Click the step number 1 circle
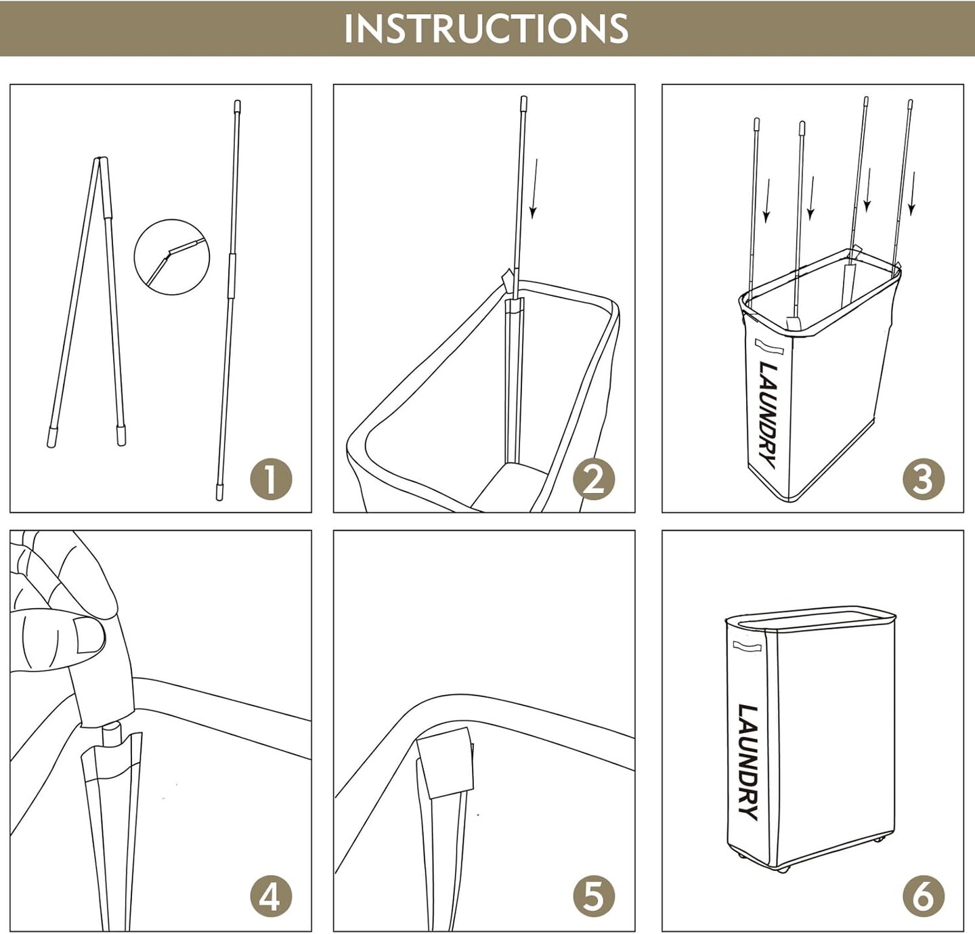point(271,479)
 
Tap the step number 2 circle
point(594,479)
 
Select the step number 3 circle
point(924,479)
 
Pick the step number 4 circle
point(271,896)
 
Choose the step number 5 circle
point(594,896)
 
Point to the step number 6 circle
point(924,896)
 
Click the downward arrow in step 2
point(535,188)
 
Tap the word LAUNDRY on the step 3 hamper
point(767,415)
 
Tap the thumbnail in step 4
point(89,635)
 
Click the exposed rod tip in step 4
point(111,736)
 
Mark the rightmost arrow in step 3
point(912,194)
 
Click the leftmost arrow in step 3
point(766,200)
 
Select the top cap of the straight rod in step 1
point(237,106)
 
